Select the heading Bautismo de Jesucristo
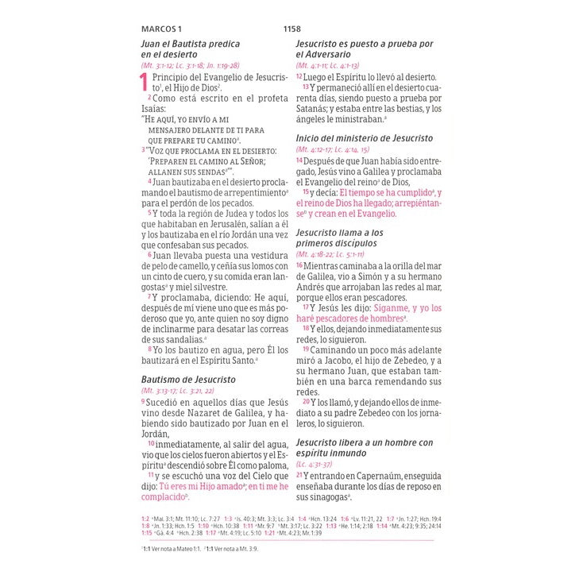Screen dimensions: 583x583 (188, 380)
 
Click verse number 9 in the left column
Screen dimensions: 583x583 (144, 402)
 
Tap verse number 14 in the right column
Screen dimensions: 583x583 (299, 160)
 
